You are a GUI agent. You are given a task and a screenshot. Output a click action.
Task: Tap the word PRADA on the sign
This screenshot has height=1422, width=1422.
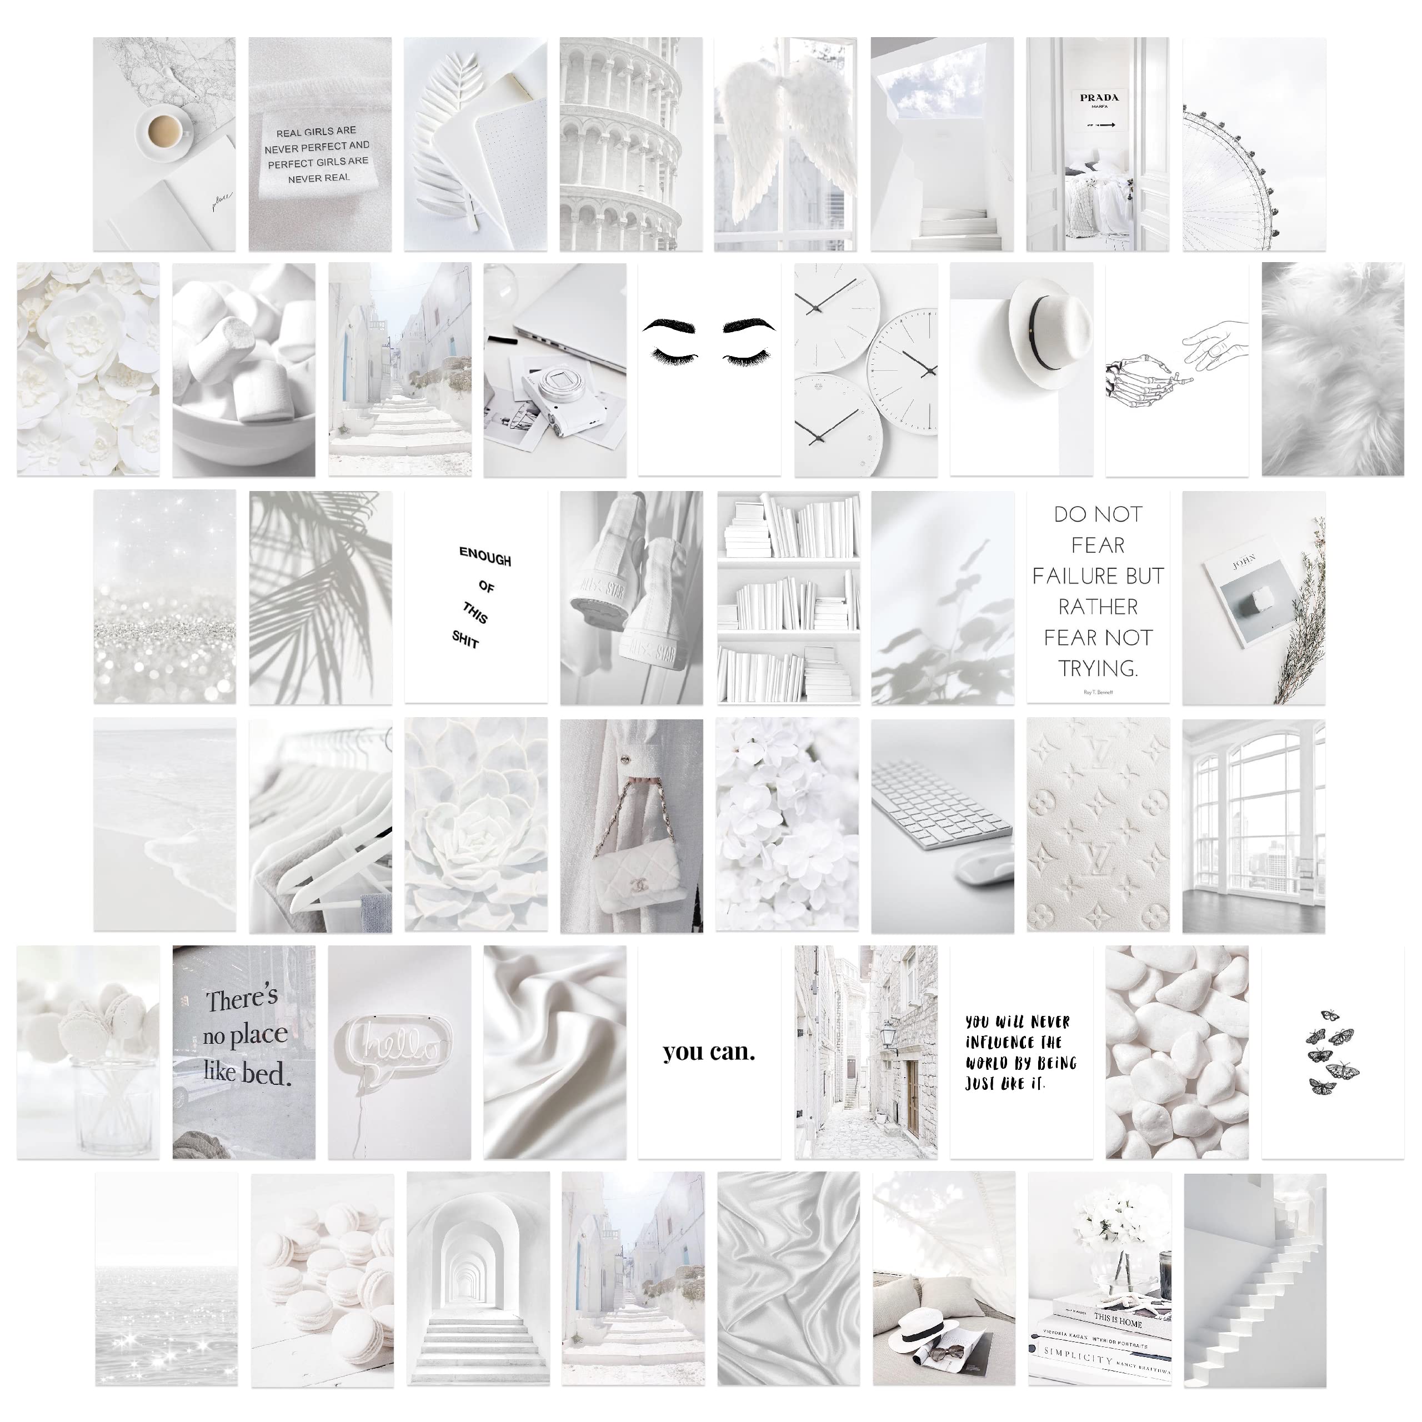click(1099, 97)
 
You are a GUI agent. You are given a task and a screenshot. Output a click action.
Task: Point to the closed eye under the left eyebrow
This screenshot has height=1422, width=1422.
click(670, 358)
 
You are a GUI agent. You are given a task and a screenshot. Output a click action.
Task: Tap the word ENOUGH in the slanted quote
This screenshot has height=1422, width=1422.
click(484, 557)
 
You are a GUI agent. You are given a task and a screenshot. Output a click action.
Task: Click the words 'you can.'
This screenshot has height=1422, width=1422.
click(708, 1052)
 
